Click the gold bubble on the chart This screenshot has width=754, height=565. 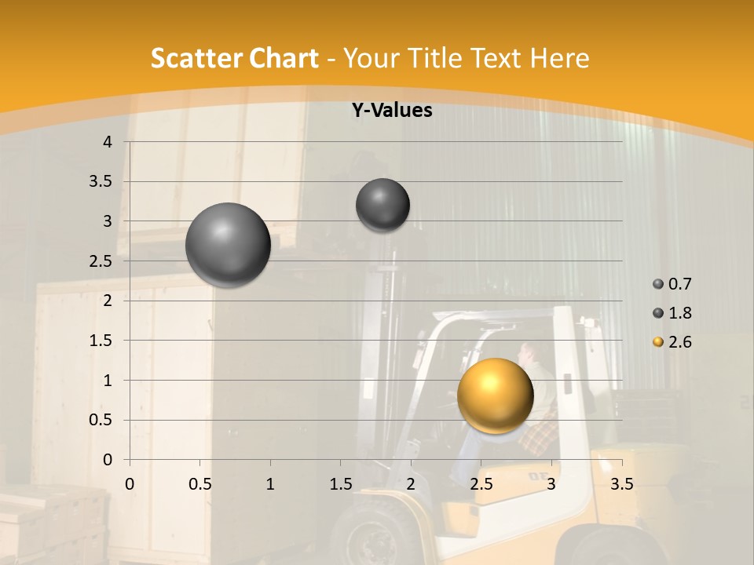(x=495, y=395)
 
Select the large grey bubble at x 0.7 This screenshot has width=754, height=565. (x=228, y=245)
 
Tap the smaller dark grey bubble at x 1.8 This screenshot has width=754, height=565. (x=382, y=205)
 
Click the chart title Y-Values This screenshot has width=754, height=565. (x=391, y=111)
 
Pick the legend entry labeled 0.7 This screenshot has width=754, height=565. (x=672, y=284)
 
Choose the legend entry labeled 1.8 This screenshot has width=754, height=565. (x=672, y=313)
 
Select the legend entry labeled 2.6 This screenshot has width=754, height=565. (x=672, y=342)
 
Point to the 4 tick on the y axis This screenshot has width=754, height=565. (x=108, y=142)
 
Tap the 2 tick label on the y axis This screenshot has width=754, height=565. (x=108, y=301)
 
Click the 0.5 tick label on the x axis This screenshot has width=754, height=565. (x=200, y=484)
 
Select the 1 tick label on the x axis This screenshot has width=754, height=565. (x=270, y=484)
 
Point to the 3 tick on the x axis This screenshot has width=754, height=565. (x=551, y=484)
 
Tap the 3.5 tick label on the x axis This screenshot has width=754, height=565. (x=622, y=484)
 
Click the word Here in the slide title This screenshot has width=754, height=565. (x=559, y=58)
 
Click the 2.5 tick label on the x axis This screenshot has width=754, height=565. (x=481, y=484)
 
